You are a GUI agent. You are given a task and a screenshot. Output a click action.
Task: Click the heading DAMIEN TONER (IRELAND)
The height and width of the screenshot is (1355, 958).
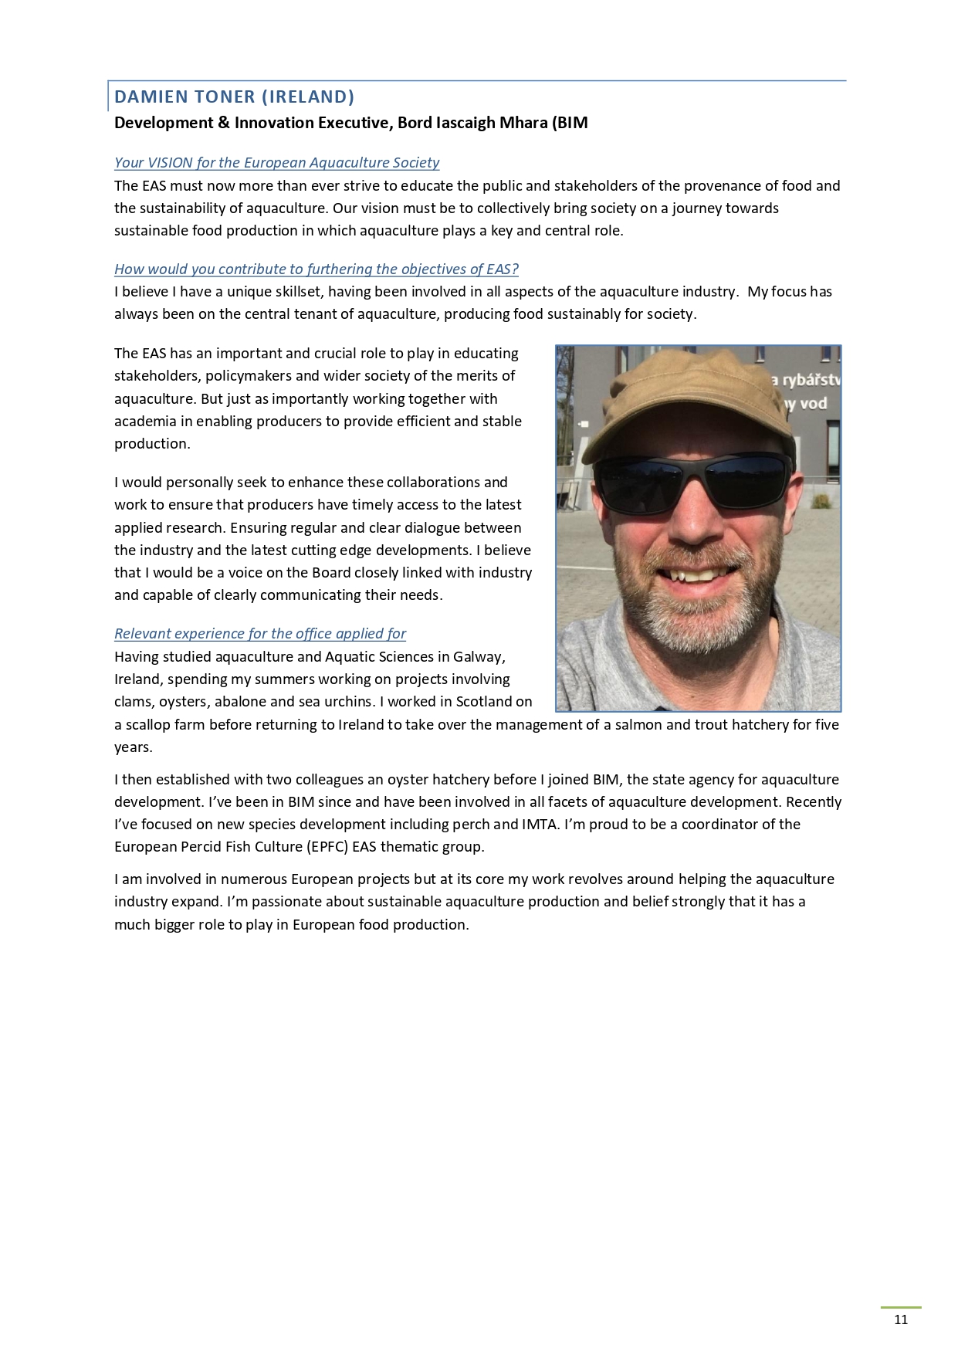pos(235,97)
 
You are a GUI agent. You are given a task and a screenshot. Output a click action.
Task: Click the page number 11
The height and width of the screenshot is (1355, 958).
pos(901,1319)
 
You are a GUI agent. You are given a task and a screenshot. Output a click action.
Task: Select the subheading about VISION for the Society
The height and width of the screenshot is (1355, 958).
pos(276,163)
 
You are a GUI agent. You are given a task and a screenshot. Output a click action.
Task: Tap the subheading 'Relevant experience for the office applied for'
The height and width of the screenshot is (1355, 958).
pos(259,634)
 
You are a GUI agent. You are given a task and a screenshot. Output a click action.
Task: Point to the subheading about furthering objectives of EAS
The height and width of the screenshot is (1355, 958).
pos(316,269)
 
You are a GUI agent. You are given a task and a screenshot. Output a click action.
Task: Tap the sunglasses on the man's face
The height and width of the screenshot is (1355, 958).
pos(692,478)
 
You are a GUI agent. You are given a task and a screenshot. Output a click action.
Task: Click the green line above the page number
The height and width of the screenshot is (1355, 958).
pos(901,1307)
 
